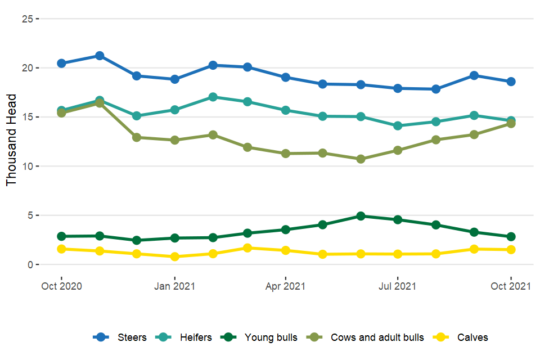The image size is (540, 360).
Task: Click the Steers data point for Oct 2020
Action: click(61, 63)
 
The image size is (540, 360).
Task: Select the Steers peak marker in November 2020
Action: click(99, 56)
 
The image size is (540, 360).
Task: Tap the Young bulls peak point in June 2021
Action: click(361, 216)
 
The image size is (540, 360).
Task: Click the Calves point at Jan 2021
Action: click(174, 256)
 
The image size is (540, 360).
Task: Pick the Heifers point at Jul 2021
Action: click(398, 126)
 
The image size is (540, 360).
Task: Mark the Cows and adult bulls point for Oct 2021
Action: click(511, 124)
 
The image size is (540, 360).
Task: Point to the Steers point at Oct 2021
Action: click(511, 82)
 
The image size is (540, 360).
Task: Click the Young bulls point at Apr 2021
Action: click(285, 229)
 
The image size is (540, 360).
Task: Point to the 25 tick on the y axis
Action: click(26, 19)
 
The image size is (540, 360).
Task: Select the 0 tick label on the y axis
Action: click(29, 264)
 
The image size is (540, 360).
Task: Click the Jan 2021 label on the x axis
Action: click(174, 286)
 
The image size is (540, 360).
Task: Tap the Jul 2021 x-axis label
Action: click(398, 286)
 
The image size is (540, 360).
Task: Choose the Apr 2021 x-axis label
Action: click(285, 286)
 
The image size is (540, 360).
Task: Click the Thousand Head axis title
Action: click(12, 141)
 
